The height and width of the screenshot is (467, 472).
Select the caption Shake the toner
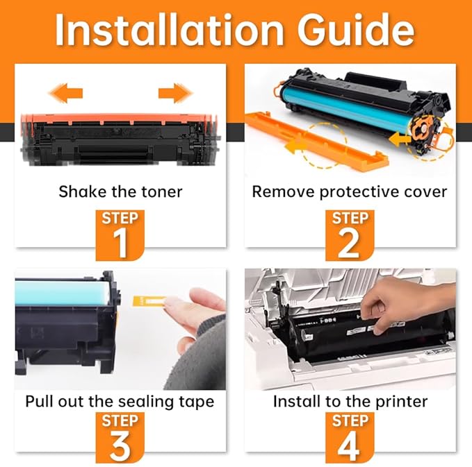click(120, 191)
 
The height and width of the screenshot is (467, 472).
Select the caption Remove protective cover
click(350, 191)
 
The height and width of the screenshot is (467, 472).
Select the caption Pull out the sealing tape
click(120, 401)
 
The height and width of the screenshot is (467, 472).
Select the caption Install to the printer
click(350, 401)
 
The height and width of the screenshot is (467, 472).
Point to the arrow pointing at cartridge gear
click(400, 139)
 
